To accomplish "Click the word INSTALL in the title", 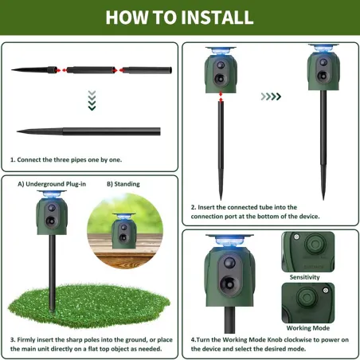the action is coord(217,18).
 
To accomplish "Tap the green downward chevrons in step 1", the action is coord(92,100).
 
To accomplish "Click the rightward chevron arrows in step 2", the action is coord(271,96).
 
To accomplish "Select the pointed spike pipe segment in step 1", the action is coord(34,70).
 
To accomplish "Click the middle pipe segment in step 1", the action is coord(91,70).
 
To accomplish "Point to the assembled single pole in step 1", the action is coord(88,131).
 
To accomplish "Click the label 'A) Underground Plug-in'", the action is coord(52,184).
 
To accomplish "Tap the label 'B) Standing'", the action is coord(123,184).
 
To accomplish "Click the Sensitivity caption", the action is coord(304,277).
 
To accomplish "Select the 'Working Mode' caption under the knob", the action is coord(308,328).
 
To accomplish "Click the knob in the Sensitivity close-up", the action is coord(315,244).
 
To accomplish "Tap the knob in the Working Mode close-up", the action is coord(307,297).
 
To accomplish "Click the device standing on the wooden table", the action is coord(124,231).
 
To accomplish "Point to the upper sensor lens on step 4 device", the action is coord(229,263).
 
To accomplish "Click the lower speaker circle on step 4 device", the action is coord(229,283).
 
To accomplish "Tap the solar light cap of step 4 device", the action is coord(229,240).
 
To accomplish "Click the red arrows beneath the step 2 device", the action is coord(221,97).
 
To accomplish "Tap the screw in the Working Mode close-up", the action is coord(326,291).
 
